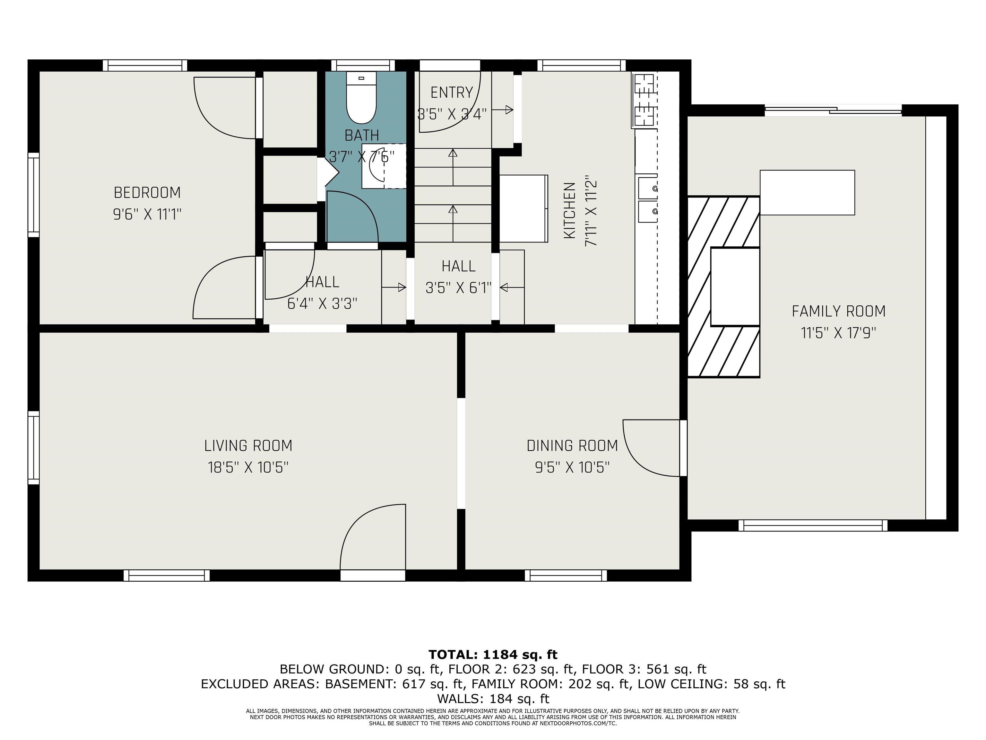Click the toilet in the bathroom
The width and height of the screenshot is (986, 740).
(x=361, y=99)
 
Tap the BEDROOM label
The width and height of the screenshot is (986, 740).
(x=147, y=193)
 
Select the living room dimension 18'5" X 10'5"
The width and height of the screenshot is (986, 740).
(x=248, y=467)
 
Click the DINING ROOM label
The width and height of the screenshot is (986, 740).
(x=572, y=445)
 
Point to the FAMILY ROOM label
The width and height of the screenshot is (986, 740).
(x=838, y=311)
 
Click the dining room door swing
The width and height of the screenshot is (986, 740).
(x=651, y=447)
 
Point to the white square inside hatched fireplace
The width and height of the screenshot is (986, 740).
(x=735, y=287)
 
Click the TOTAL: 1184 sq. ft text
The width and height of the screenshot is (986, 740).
(x=493, y=654)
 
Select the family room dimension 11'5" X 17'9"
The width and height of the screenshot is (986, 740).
(x=838, y=333)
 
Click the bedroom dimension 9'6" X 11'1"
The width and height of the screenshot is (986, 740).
(x=147, y=215)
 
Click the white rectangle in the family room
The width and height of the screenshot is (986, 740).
(x=807, y=193)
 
